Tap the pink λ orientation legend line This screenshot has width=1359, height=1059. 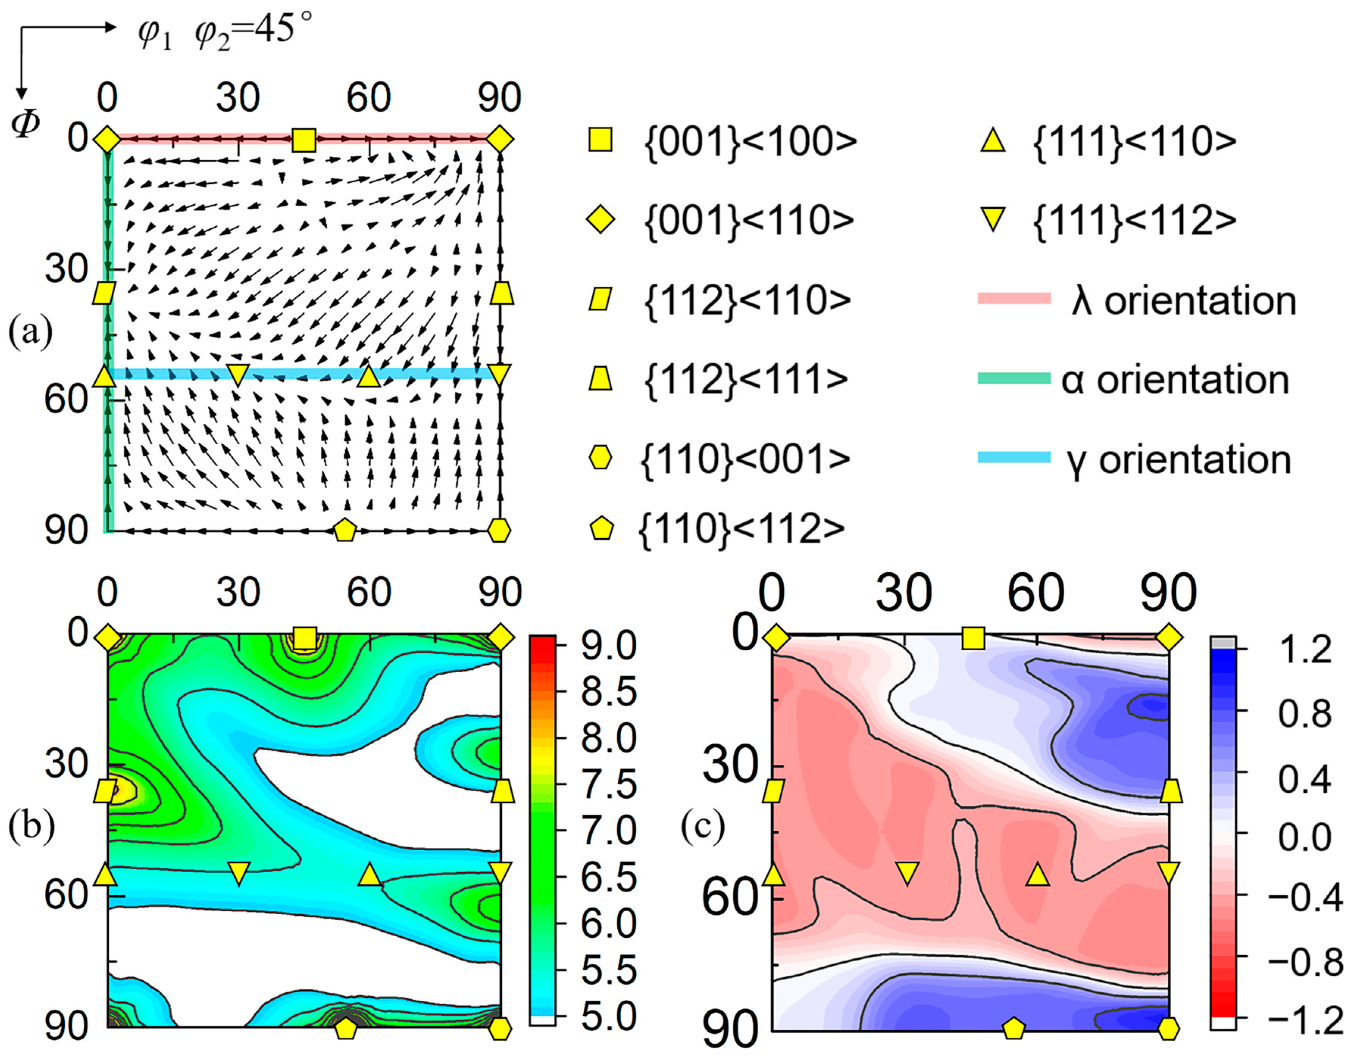[1014, 299]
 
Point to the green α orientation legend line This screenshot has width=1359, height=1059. [1014, 378]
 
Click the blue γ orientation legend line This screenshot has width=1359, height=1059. [1014, 457]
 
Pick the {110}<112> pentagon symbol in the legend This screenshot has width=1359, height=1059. [601, 529]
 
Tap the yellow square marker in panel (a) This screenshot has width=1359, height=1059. [304, 140]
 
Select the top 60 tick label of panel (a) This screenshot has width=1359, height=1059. [369, 98]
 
